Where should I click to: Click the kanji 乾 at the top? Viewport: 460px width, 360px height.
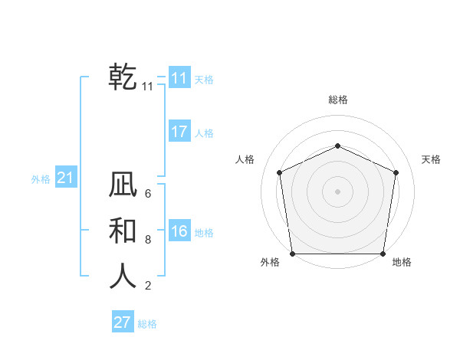(x=123, y=77)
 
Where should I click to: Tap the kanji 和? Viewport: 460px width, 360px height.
(x=123, y=231)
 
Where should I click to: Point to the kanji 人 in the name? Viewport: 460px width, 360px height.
(x=123, y=276)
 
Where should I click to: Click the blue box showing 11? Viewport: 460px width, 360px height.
(x=179, y=78)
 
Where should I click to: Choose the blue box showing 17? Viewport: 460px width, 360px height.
(x=179, y=132)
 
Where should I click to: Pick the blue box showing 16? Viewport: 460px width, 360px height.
(x=179, y=231)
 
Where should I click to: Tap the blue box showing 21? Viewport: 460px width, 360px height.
(x=65, y=178)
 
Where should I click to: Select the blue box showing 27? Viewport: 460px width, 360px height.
(x=123, y=322)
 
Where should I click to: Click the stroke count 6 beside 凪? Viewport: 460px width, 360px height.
(x=148, y=194)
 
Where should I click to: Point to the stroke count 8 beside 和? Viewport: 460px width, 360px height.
(x=148, y=240)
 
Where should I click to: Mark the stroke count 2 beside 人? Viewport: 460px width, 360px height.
(x=148, y=286)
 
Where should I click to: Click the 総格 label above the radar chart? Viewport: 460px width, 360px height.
(x=337, y=100)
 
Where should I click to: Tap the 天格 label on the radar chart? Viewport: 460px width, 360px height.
(x=431, y=159)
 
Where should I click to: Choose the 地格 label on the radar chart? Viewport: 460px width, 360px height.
(x=402, y=262)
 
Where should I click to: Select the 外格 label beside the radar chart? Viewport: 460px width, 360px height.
(x=270, y=262)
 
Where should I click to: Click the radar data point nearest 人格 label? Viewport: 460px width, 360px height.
(x=280, y=172)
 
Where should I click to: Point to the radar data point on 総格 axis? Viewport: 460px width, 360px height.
(x=337, y=146)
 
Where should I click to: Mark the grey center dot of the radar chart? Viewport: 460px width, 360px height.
(x=337, y=191)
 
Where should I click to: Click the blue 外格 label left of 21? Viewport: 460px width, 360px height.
(x=41, y=179)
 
